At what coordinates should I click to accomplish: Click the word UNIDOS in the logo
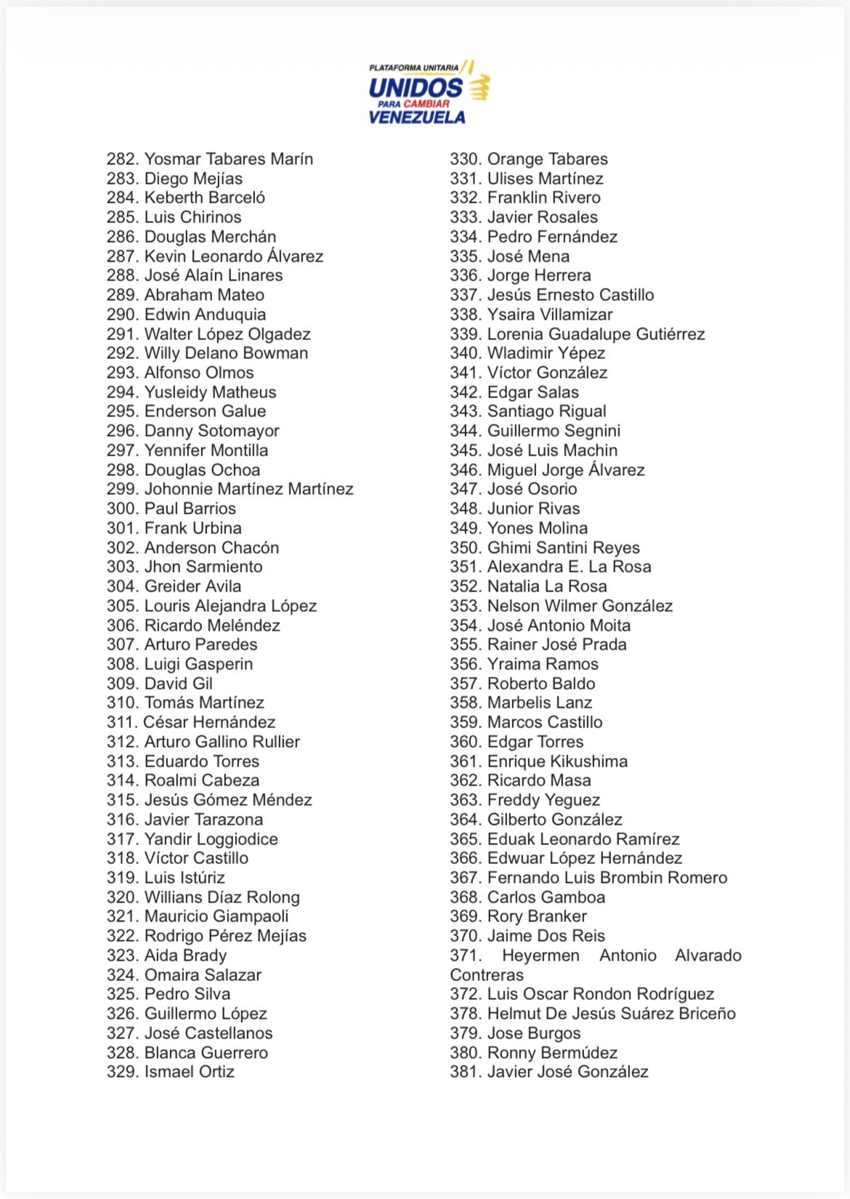[416, 89]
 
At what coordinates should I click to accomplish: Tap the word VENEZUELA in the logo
[417, 117]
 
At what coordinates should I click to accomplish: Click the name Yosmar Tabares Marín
[229, 159]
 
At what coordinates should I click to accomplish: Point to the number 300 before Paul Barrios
[122, 509]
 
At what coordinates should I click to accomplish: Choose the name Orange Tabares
[547, 159]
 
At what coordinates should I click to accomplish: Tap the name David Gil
[179, 684]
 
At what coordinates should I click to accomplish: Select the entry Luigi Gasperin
[198, 664]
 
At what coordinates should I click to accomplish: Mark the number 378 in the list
[465, 1014]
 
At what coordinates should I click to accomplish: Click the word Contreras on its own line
[487, 975]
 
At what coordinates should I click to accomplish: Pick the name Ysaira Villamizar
[550, 315]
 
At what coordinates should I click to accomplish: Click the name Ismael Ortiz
[190, 1072]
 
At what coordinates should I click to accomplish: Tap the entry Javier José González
[567, 1072]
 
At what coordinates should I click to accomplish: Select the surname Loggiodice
[237, 839]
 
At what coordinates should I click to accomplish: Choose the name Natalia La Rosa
[547, 586]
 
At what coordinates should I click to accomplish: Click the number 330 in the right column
[465, 159]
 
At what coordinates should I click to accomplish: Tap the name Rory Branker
[537, 916]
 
